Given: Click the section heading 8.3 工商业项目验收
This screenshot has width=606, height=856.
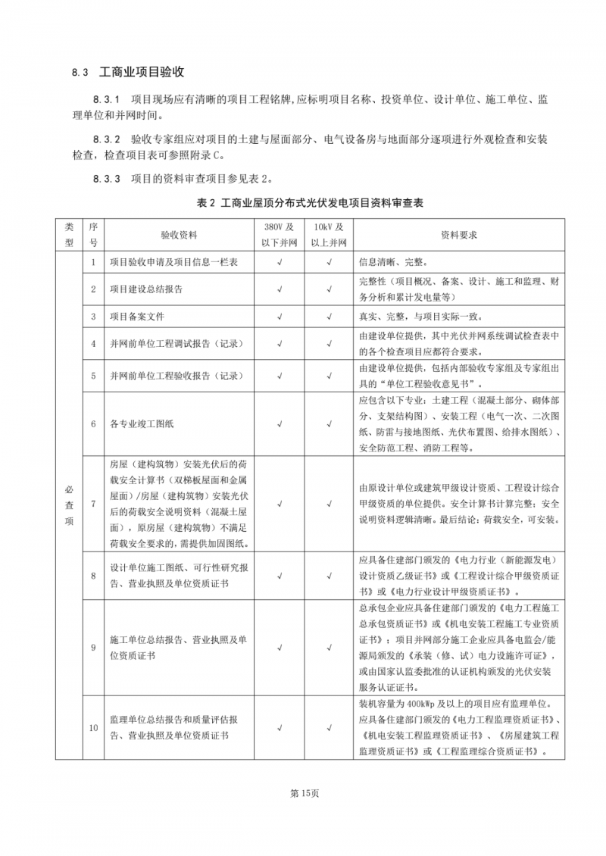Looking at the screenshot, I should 129,73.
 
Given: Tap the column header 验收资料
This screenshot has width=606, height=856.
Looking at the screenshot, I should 179,235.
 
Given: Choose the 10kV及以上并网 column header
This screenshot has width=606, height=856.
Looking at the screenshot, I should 330,235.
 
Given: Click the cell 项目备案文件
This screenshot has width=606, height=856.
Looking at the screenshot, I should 137,316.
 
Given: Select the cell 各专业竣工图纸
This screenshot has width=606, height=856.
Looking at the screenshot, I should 142,423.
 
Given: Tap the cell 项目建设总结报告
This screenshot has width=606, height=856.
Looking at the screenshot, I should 146,289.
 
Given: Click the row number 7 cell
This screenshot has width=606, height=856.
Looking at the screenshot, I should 93,503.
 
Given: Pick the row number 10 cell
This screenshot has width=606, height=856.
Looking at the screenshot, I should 93,728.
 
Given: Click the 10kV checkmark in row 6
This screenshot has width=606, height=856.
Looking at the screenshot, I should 330,423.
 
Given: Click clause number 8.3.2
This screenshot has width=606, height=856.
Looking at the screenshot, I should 107,140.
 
